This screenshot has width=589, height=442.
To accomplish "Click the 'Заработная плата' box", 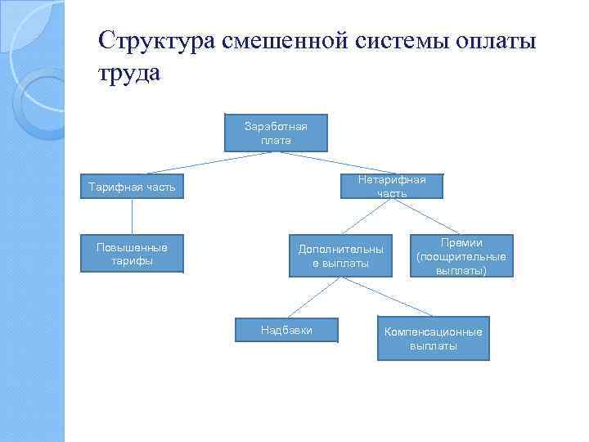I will pyautogui.click(x=276, y=133).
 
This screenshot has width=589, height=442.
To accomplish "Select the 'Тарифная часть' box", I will pyautogui.click(x=132, y=187).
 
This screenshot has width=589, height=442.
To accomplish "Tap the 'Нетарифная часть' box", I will pyautogui.click(x=391, y=186).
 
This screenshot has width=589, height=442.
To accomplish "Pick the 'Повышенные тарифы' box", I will pyautogui.click(x=132, y=255).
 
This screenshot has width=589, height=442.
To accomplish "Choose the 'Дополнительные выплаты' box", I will pyautogui.click(x=340, y=255).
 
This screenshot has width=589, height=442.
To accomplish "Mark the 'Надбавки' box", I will pyautogui.click(x=286, y=330).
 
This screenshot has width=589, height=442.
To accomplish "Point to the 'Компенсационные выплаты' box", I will pyautogui.click(x=433, y=338).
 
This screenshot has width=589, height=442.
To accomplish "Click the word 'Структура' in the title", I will pyautogui.click(x=155, y=40).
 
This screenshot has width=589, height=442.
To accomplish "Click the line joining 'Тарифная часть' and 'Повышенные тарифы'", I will pyautogui.click(x=132, y=217).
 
